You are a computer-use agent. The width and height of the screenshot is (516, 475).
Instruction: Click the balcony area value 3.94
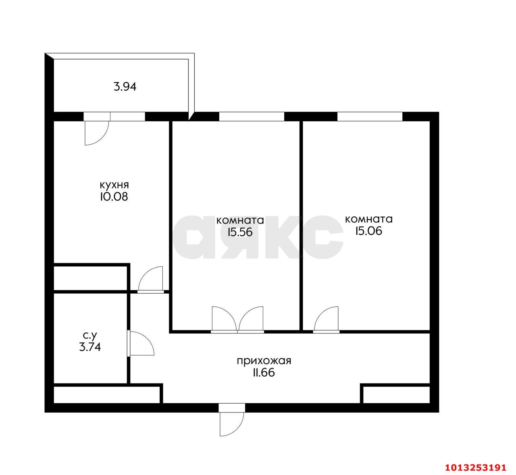coord(125,87)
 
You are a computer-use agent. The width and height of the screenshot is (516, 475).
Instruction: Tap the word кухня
coord(114,185)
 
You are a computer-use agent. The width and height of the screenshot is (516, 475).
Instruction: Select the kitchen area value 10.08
coord(114,197)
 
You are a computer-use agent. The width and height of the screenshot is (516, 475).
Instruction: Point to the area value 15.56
coord(240,232)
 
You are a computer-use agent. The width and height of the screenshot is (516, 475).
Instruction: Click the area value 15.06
coord(368,231)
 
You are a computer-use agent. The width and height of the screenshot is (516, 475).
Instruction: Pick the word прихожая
coord(264,361)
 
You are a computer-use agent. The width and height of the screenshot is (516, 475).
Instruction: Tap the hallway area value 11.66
coord(264,373)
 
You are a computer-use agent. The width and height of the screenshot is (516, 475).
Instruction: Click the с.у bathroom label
coord(89,335)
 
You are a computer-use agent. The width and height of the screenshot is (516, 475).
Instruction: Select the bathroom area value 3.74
coord(90,347)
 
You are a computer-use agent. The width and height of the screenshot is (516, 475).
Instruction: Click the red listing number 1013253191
coord(475,467)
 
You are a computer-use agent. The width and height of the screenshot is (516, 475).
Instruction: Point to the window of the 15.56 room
coord(252,116)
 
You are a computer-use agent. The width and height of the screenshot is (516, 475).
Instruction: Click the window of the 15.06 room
coord(370,116)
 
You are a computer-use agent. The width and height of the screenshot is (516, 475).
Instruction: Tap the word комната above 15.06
coord(369,219)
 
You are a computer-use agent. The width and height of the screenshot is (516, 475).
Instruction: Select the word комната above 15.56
coord(240,220)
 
